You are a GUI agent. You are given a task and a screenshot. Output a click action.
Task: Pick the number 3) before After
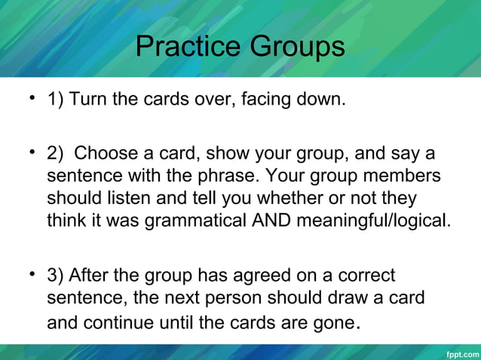(56, 275)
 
